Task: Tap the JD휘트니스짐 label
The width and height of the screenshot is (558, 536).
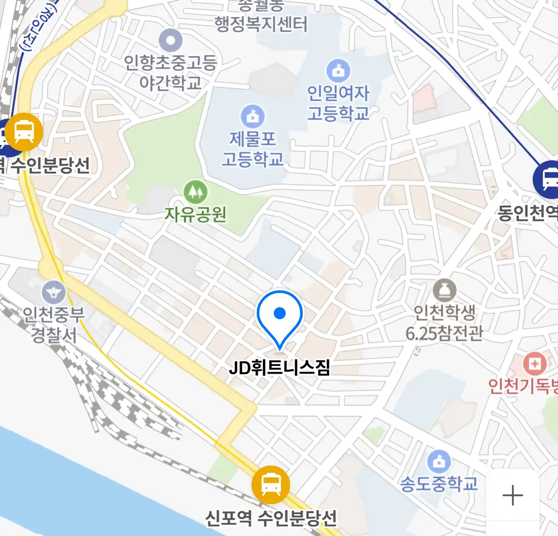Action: click(x=279, y=368)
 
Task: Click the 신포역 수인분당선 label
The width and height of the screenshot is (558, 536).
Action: click(x=271, y=518)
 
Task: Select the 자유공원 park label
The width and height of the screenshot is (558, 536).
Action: click(x=195, y=214)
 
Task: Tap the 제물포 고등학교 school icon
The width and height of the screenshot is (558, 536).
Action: click(x=253, y=117)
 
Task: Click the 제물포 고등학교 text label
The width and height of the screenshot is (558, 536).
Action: click(x=253, y=149)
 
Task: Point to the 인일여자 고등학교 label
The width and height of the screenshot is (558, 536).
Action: click(x=338, y=103)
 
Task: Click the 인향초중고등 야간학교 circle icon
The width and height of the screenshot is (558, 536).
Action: click(x=171, y=41)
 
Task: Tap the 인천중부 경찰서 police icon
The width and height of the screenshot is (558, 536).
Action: click(x=53, y=292)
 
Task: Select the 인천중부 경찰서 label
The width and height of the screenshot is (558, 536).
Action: click(x=54, y=324)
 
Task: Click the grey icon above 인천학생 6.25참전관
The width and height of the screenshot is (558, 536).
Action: click(x=444, y=290)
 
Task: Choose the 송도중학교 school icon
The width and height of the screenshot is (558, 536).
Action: click(x=439, y=462)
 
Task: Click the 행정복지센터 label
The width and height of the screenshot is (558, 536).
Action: click(x=261, y=23)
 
